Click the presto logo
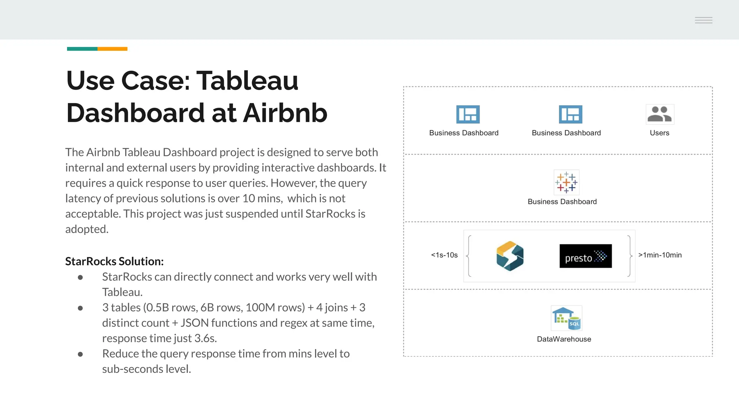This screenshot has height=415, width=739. tap(585, 256)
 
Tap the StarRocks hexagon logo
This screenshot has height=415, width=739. tap(510, 256)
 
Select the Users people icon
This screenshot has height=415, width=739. tap(660, 114)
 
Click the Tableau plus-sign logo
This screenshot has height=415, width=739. tap(566, 182)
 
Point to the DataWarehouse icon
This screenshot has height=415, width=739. tap(566, 318)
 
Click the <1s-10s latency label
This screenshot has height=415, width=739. tap(444, 255)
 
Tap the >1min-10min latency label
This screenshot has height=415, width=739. tap(660, 255)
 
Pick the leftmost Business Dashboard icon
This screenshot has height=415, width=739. tap(468, 114)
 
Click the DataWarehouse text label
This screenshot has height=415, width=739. tap(564, 339)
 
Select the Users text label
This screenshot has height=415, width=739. tap(659, 133)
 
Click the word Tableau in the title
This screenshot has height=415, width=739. tap(247, 80)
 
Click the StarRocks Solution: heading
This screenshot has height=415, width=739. tap(114, 261)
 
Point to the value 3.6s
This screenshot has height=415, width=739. tap(205, 338)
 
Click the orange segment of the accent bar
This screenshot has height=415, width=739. tap(112, 49)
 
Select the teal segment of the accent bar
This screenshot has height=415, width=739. tap(82, 49)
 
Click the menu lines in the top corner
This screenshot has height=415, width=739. tap(703, 20)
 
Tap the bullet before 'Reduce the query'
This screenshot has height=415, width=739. tap(80, 354)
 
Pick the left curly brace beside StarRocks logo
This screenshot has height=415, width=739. tap(469, 256)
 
